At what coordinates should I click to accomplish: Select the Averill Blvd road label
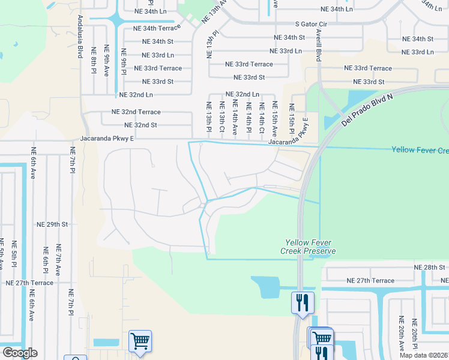click(x=318, y=46)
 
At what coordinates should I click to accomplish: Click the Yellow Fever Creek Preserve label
click(x=309, y=247)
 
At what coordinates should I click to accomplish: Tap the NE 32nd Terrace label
click(x=136, y=112)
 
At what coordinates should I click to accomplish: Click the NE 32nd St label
click(x=140, y=125)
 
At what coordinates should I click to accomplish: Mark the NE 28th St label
click(x=430, y=267)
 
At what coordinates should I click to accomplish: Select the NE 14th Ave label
click(x=235, y=118)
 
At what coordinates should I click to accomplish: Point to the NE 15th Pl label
click(x=291, y=119)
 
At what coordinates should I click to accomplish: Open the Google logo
click(x=19, y=353)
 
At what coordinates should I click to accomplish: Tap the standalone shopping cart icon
click(x=140, y=341)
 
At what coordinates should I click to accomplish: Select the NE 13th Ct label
click(x=221, y=118)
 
